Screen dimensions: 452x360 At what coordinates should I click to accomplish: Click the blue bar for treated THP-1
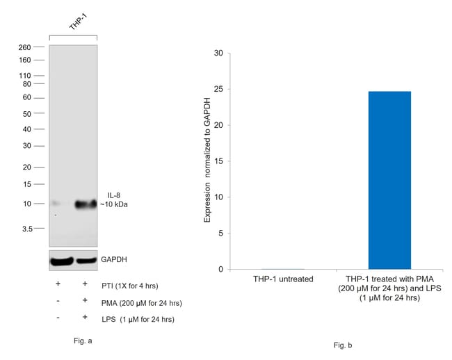pyautogui.click(x=389, y=180)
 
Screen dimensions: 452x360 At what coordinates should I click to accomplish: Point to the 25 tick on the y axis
pyautogui.click(x=229, y=89)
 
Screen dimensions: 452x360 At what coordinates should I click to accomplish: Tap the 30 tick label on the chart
pyautogui.click(x=218, y=53)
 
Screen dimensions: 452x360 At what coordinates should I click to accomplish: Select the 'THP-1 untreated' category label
pyautogui.click(x=283, y=279)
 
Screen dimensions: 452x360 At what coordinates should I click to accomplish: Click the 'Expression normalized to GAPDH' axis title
pyautogui.click(x=207, y=160)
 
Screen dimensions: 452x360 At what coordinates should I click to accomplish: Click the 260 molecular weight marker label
pyautogui.click(x=24, y=47)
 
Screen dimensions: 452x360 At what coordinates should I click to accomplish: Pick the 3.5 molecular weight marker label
pyautogui.click(x=27, y=229)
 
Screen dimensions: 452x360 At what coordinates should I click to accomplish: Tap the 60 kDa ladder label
pyautogui.click(x=27, y=97)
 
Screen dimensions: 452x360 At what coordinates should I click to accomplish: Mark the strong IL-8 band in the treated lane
pyautogui.click(x=86, y=204)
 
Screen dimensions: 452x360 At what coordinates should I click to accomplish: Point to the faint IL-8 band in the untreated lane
pyautogui.click(x=56, y=204)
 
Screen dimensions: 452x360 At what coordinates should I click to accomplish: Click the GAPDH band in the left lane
pyautogui.click(x=61, y=261)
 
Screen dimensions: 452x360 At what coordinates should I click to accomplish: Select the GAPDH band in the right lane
pyautogui.click(x=86, y=261)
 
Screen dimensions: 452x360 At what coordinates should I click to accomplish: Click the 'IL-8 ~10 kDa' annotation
pyautogui.click(x=114, y=200)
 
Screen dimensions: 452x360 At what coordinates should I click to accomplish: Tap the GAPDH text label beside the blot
pyautogui.click(x=114, y=259)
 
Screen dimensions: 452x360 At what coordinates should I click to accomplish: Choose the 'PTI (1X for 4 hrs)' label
pyautogui.click(x=130, y=286)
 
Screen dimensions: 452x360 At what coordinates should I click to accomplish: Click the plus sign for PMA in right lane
pyautogui.click(x=85, y=300)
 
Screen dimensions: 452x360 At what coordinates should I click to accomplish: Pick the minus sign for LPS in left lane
pyautogui.click(x=58, y=318)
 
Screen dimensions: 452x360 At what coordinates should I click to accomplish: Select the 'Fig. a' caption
pyautogui.click(x=83, y=341)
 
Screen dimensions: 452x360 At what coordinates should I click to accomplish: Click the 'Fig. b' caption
pyautogui.click(x=343, y=345)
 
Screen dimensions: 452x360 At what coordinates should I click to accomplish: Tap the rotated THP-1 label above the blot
pyautogui.click(x=78, y=22)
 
